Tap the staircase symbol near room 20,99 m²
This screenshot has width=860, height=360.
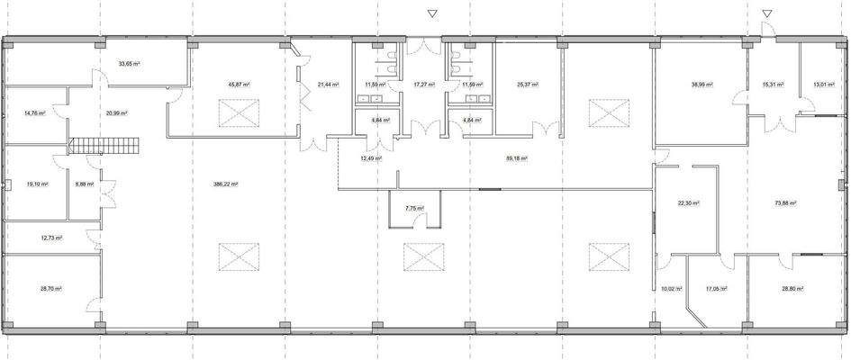pyautogui.click(x=106, y=145)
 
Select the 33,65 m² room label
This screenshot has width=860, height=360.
pyautogui.click(x=130, y=65)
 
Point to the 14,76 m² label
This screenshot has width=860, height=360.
pyautogui.click(x=34, y=113)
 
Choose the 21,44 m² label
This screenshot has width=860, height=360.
pyautogui.click(x=327, y=85)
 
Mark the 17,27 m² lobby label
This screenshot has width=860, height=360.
pyautogui.click(x=423, y=85)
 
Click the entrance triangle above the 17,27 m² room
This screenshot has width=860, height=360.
pyautogui.click(x=432, y=13)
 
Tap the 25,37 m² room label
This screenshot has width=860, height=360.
pyautogui.click(x=527, y=85)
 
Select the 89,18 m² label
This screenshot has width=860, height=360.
pyautogui.click(x=516, y=158)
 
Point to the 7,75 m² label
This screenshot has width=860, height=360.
pyautogui.click(x=414, y=209)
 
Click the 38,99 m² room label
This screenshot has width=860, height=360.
pyautogui.click(x=702, y=85)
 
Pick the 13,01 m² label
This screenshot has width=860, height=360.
pyautogui.click(x=823, y=85)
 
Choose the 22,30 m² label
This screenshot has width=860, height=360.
pyautogui.click(x=688, y=203)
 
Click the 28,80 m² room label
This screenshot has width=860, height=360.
pyautogui.click(x=792, y=289)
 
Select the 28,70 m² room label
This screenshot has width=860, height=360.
pyautogui.click(x=50, y=289)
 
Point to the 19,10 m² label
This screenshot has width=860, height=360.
pyautogui.click(x=37, y=184)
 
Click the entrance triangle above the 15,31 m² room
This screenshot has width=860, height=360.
pyautogui.click(x=766, y=13)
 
